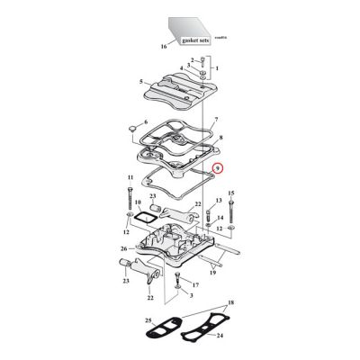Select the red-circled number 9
[x=216, y=168]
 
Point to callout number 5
[x=140, y=83]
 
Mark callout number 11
[x=130, y=178]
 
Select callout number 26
[x=124, y=249]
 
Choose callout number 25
[x=149, y=320]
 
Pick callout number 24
[x=220, y=339]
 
